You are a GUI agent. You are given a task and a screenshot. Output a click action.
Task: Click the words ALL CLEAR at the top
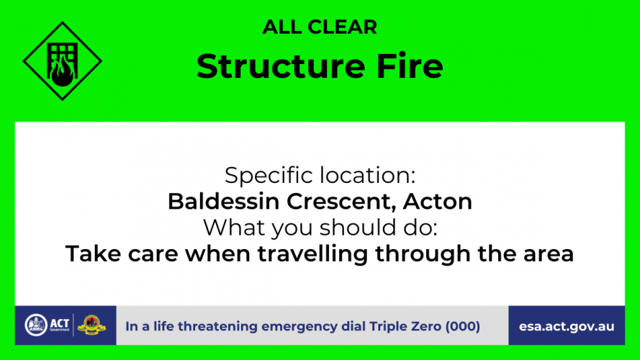320,27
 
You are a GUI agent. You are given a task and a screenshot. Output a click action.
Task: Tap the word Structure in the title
281,66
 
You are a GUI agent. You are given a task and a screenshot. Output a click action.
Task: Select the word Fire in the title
410,66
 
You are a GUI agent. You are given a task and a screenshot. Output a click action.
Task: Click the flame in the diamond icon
63,71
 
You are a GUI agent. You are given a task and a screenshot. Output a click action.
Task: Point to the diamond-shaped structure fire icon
63,61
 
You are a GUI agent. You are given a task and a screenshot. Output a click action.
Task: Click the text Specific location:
320,176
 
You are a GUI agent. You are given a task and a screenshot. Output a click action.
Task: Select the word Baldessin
224,201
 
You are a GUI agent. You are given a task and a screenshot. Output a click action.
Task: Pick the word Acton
438,201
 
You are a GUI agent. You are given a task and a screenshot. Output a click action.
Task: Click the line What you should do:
320,228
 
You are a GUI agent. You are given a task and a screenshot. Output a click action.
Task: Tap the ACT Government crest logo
36,325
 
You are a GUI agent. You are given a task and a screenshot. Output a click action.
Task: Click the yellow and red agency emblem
92,325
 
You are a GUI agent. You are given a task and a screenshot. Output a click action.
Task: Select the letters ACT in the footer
60,323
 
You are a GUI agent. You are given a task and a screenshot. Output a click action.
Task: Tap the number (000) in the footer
463,327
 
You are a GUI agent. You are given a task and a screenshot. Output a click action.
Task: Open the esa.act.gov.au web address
567,327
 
